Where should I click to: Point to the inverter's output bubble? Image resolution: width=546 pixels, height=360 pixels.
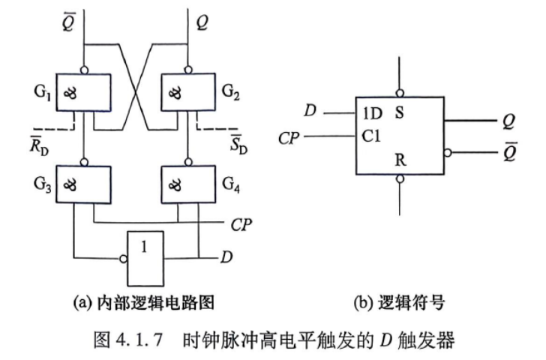coord(123,259)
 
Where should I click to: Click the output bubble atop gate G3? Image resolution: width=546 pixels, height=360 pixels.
coord(84,162)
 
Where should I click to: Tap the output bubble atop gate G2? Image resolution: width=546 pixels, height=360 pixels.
coord(188,70)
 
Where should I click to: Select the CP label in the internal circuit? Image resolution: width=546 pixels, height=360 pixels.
coord(241,225)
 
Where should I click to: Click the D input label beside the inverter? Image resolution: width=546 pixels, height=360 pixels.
coord(226,257)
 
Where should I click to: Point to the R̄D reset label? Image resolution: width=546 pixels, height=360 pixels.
coord(39,145)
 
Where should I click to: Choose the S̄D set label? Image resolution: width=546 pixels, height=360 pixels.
coord(238,144)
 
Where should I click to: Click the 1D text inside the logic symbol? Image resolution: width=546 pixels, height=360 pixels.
coord(372,113)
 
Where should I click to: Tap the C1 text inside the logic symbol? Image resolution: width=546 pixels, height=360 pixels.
coord(371,136)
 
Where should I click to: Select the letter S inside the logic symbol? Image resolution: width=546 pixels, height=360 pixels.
coord(400,112)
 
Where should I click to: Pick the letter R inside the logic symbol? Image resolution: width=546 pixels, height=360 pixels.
coord(400,160)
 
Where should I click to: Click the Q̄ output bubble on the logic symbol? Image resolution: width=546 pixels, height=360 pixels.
coord(448,152)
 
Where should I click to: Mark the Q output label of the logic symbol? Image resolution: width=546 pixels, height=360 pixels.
coord(509,121)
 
